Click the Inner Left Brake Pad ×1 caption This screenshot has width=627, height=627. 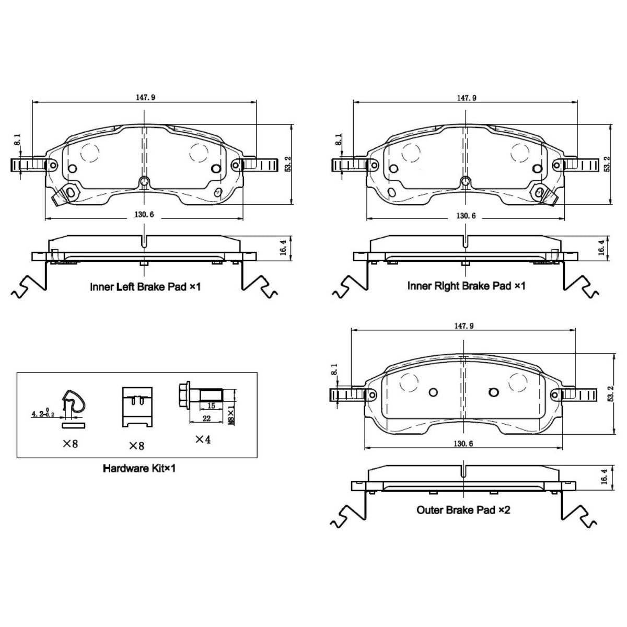[145, 287]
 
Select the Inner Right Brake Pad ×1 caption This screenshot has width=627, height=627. [466, 286]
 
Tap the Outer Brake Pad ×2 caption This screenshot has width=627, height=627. [463, 510]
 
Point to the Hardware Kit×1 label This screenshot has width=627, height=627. [139, 468]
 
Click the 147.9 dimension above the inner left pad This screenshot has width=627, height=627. [145, 97]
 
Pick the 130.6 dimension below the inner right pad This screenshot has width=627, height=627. [466, 215]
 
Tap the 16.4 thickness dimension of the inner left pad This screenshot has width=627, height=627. [283, 248]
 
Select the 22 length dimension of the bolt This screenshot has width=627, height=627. [206, 419]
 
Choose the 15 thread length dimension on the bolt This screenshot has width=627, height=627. [211, 406]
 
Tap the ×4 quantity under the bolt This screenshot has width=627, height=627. [203, 439]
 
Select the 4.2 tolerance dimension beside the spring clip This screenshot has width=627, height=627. [43, 413]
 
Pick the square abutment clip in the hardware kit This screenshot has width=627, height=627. [137, 407]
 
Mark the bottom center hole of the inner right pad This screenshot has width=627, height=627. [466, 181]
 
